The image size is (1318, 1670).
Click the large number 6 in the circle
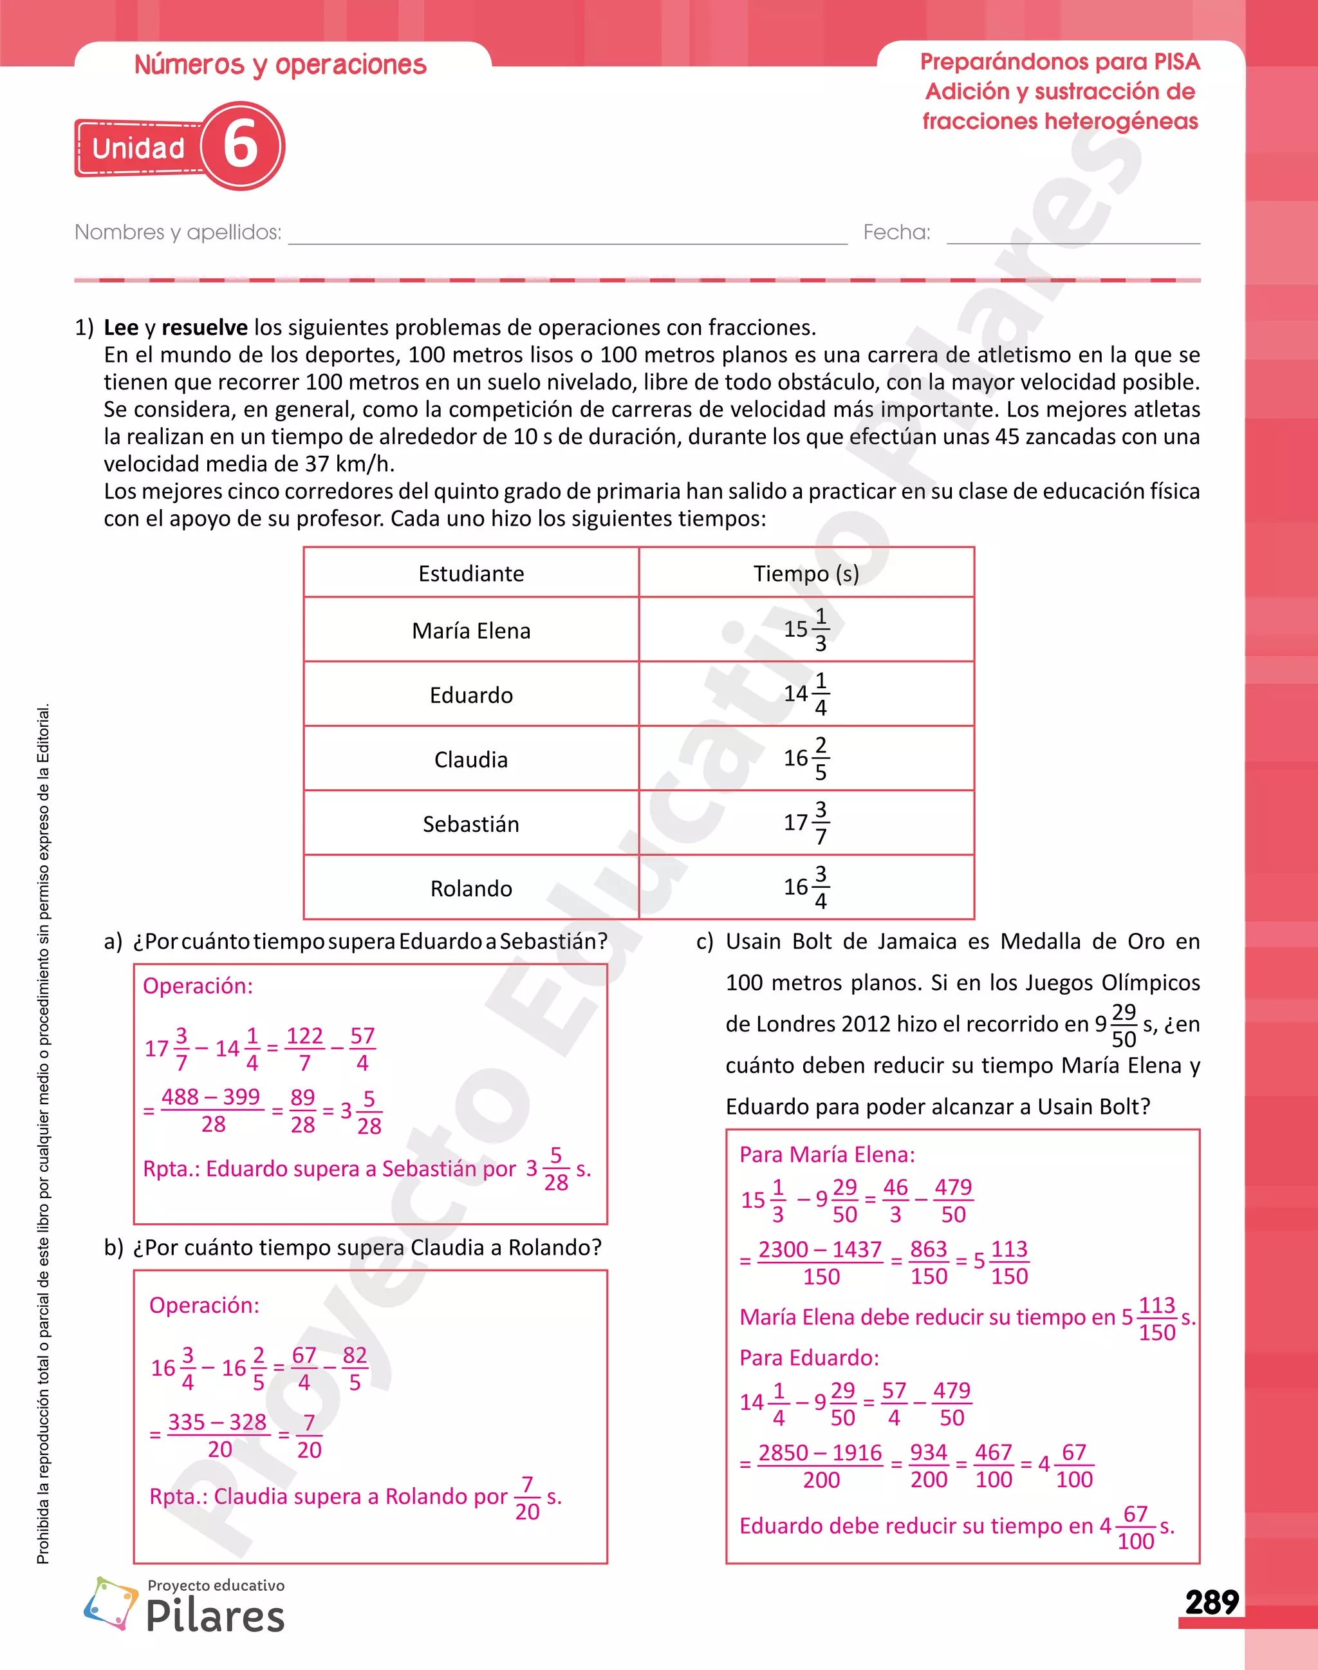pos(241,145)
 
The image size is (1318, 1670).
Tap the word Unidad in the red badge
pos(138,148)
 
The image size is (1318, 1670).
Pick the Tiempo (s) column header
pos(806,574)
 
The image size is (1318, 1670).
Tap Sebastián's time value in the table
pos(806,823)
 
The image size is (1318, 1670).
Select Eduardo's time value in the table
pos(806,694)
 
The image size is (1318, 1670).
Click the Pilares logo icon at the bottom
pos(110,1604)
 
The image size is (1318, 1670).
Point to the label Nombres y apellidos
pos(178,232)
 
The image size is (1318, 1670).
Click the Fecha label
pos(896,232)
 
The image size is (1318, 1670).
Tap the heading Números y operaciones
pos(280,66)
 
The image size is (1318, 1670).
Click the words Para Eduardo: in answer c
pos(809,1358)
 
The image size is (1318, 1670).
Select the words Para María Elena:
pos(826,1155)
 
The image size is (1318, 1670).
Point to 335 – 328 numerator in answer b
pos(217,1422)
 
